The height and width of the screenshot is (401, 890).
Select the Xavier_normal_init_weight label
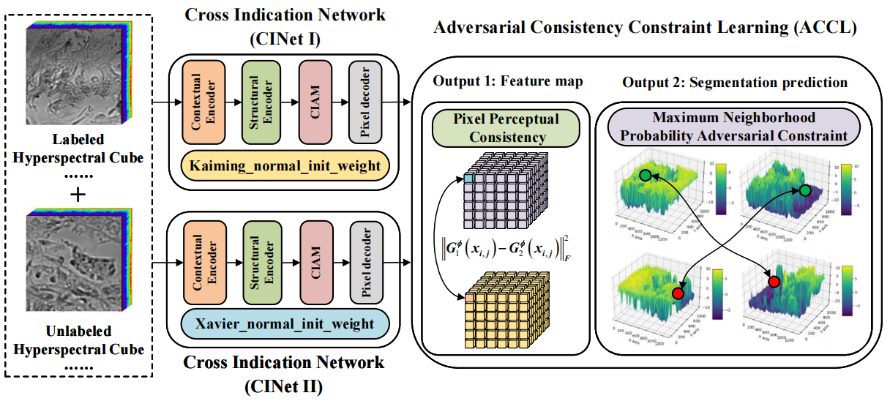pyautogui.click(x=285, y=323)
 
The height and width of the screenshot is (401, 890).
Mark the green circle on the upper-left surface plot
pyautogui.click(x=644, y=176)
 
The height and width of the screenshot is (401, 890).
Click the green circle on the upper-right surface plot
pyautogui.click(x=804, y=190)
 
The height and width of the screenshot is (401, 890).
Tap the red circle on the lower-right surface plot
pyautogui.click(x=774, y=281)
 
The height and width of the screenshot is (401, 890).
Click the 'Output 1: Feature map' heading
pyautogui.click(x=508, y=81)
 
